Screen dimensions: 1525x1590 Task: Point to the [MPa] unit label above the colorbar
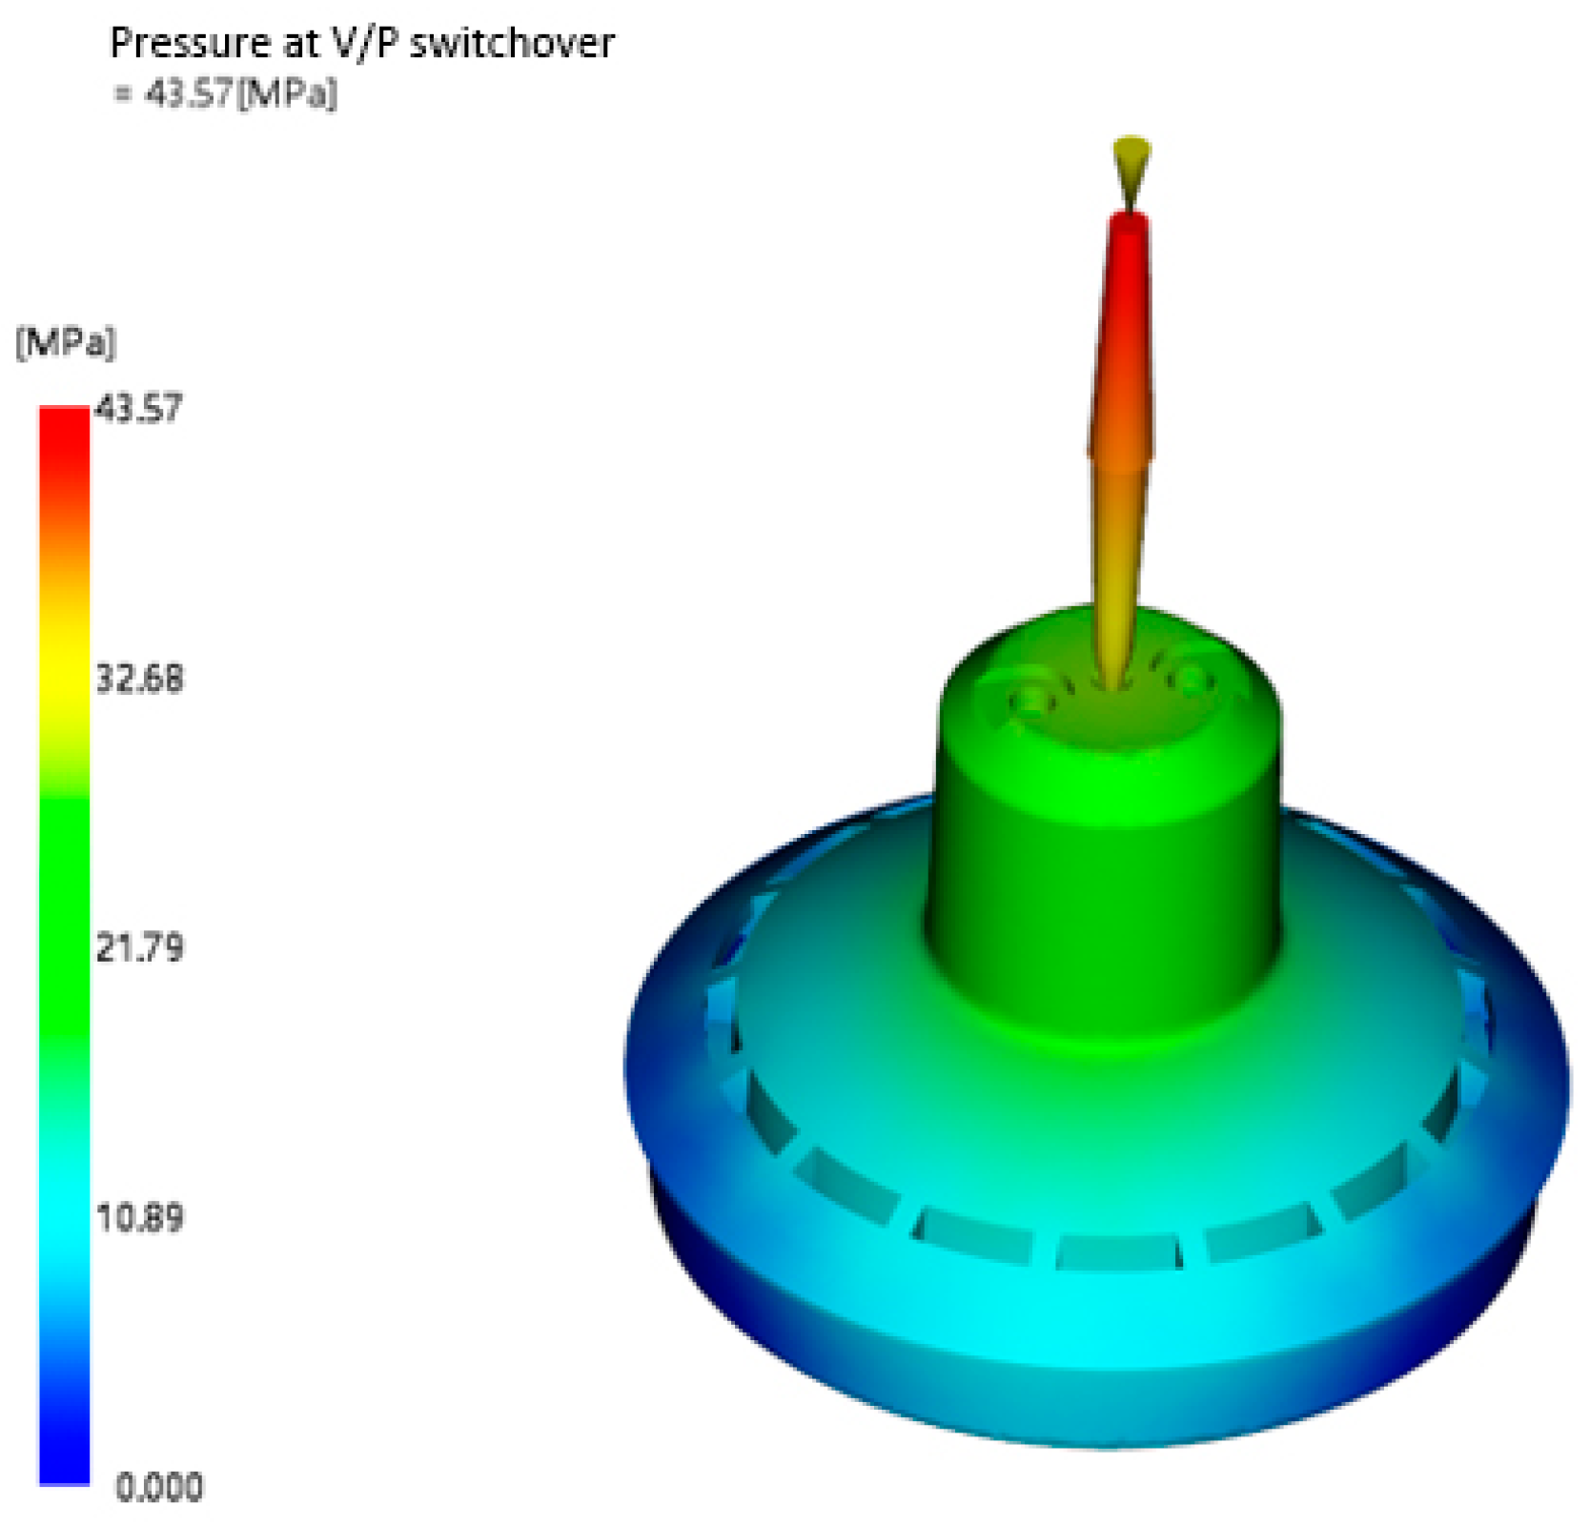click(x=65, y=341)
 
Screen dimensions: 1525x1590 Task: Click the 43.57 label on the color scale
click(x=139, y=408)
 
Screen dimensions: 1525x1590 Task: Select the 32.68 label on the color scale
click(x=139, y=679)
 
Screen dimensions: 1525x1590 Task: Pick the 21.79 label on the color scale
click(x=139, y=948)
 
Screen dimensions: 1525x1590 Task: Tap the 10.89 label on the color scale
click(x=139, y=1218)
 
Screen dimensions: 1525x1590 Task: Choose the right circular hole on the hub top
click(x=1192, y=679)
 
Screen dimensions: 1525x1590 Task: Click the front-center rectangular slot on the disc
click(x=1117, y=1250)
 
